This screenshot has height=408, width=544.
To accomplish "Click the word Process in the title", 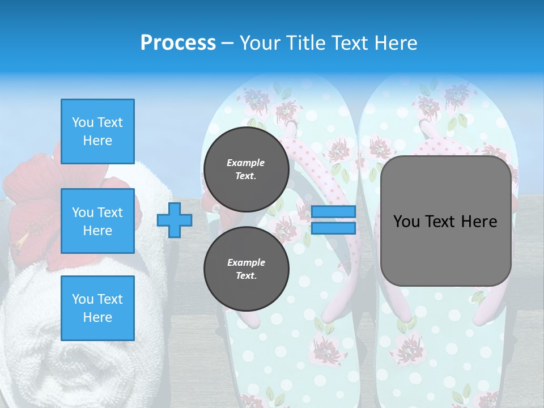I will click(178, 43).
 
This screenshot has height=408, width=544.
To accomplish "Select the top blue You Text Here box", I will click(97, 131).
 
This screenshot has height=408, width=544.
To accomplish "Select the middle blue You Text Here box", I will click(97, 221).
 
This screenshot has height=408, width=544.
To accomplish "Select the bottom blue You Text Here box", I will click(97, 308).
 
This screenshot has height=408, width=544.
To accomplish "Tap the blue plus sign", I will click(175, 220).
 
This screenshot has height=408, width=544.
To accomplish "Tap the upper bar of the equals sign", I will click(334, 212).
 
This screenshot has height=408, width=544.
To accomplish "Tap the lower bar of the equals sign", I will click(334, 228).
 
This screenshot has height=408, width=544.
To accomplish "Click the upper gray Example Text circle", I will click(246, 169).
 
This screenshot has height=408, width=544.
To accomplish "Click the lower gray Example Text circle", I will click(246, 269).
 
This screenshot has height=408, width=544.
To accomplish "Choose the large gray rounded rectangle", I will click(445, 249).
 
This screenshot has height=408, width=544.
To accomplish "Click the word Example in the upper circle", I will click(246, 163).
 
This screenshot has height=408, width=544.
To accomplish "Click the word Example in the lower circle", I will click(246, 263).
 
